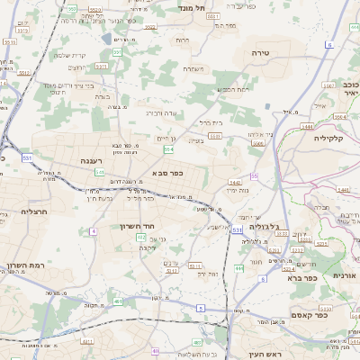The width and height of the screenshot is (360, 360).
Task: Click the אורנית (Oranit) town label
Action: click(345, 275)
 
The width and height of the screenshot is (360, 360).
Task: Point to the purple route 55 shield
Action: click(255, 175)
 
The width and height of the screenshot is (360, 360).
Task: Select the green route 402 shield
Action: click(141, 237)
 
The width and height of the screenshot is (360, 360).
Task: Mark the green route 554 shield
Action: click(167, 149)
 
